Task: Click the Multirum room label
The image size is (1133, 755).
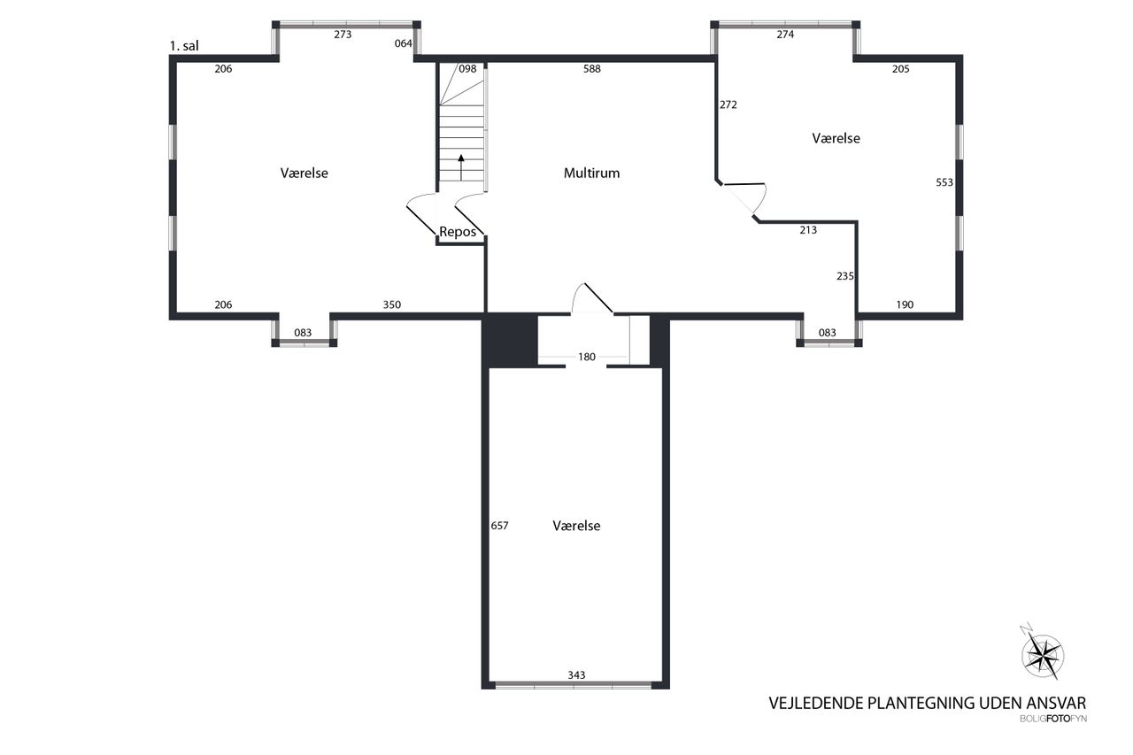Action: (x=591, y=173)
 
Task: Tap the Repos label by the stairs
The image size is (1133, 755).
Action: (x=458, y=232)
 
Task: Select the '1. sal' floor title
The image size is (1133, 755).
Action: (x=184, y=46)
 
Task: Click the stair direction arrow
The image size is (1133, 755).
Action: (x=461, y=167)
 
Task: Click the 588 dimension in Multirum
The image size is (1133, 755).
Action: (x=592, y=69)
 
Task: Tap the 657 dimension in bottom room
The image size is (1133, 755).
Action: (x=499, y=526)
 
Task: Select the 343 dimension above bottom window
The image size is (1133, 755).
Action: (x=576, y=675)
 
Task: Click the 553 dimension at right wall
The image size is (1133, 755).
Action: (x=944, y=182)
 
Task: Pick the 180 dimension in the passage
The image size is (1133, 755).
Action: (x=587, y=357)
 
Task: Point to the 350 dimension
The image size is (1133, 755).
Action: (x=391, y=305)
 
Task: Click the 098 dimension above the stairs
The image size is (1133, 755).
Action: (x=467, y=69)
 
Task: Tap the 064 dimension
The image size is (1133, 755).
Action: (x=403, y=43)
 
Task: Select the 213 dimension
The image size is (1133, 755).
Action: (x=808, y=230)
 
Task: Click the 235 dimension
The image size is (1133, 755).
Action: (x=845, y=276)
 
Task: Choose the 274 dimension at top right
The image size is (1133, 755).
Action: (x=785, y=35)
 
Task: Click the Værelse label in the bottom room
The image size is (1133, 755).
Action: (x=576, y=526)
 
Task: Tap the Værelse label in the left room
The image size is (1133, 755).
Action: (x=304, y=173)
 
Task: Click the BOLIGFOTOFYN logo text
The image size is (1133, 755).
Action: (x=1053, y=719)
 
